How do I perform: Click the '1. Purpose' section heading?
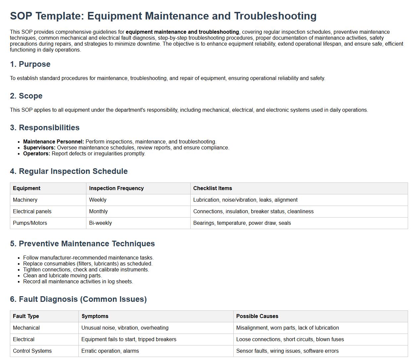tap(30, 64)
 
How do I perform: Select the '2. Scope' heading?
tap(26, 96)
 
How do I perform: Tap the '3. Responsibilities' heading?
tap(45, 128)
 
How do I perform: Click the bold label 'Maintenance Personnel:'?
tap(54, 142)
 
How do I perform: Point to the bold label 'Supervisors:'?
tap(39, 148)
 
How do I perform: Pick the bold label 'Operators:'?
tap(37, 154)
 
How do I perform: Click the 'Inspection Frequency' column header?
tap(116, 188)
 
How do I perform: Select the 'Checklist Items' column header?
tap(212, 188)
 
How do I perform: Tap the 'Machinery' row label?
tap(25, 200)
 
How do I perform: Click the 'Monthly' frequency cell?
tap(98, 212)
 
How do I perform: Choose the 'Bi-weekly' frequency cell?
tap(100, 223)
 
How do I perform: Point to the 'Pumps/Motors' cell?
tap(30, 223)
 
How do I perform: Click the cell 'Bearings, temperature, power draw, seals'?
tap(242, 223)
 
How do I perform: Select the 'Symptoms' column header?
tap(95, 316)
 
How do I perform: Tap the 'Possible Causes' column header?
tap(257, 316)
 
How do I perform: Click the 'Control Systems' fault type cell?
tap(32, 351)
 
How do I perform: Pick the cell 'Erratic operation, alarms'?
tap(110, 351)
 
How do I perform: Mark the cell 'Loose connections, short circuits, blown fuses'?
tap(290, 340)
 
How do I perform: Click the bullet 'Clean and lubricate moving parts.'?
tap(63, 276)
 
